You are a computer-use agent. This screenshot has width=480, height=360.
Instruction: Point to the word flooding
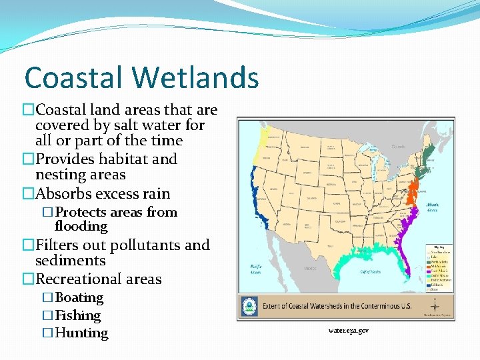click(x=81, y=227)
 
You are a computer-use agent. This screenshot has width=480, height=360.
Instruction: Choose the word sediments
click(x=70, y=261)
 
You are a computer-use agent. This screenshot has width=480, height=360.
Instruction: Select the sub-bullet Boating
click(x=79, y=297)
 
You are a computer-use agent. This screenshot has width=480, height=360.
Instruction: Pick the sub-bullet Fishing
click(x=78, y=315)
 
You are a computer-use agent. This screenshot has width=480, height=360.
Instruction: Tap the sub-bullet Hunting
click(x=81, y=333)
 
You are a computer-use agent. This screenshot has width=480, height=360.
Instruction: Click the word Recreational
click(x=79, y=279)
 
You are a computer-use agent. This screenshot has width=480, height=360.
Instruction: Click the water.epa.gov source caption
click(x=348, y=330)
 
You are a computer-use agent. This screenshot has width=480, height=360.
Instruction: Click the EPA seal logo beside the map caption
click(x=250, y=307)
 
